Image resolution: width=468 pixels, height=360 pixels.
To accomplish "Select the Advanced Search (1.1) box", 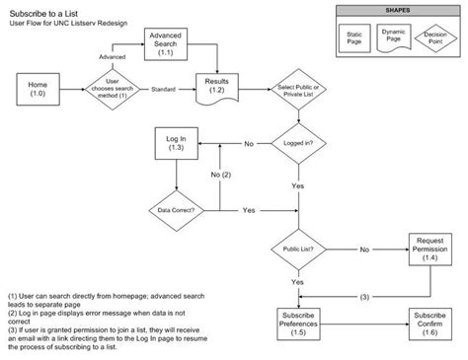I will pyautogui.click(x=166, y=44).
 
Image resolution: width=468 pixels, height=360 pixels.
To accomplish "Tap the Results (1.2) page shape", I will pyautogui.click(x=217, y=89).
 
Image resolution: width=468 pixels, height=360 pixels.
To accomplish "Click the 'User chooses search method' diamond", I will pyautogui.click(x=113, y=90).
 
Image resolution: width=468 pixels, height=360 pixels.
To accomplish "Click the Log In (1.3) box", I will pyautogui.click(x=175, y=144).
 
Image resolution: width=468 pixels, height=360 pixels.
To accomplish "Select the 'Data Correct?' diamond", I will pyautogui.click(x=176, y=210).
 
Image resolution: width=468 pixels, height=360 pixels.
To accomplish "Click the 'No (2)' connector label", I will pyautogui.click(x=220, y=176).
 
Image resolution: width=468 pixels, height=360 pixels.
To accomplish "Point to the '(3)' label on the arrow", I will pyautogui.click(x=364, y=296).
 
